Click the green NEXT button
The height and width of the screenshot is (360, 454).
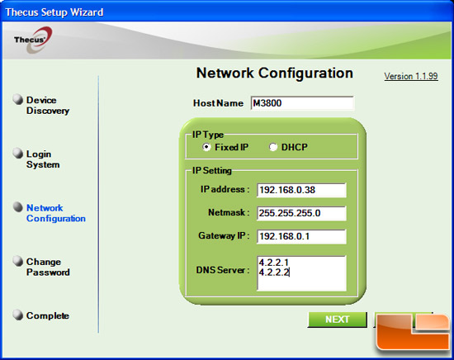coord(337,320)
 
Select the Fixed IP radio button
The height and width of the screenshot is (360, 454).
coord(206,147)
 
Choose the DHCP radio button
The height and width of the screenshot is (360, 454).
coord(273,147)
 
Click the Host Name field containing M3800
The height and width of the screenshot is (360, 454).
coord(302,103)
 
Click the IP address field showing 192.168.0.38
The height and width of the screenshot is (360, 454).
coord(301,190)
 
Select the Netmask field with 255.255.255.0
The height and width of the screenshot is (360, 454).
coord(301,213)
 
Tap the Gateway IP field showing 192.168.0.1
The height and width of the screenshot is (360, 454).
coord(301,236)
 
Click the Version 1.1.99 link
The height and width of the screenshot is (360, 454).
coord(411,76)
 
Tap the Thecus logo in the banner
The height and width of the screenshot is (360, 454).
coord(33,40)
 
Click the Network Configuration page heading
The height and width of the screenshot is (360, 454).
coord(275,73)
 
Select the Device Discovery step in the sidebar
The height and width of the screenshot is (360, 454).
coord(48,106)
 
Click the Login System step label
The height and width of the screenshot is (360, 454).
coord(43,159)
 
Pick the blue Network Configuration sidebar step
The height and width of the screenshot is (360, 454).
coord(56,213)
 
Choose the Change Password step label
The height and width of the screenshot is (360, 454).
coord(48,267)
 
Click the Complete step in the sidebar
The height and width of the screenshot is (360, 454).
coord(48,315)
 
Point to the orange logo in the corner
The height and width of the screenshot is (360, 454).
coord(414,332)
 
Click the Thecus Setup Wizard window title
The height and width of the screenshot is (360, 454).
coord(54,12)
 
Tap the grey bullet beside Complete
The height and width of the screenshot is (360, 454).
coord(18,315)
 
